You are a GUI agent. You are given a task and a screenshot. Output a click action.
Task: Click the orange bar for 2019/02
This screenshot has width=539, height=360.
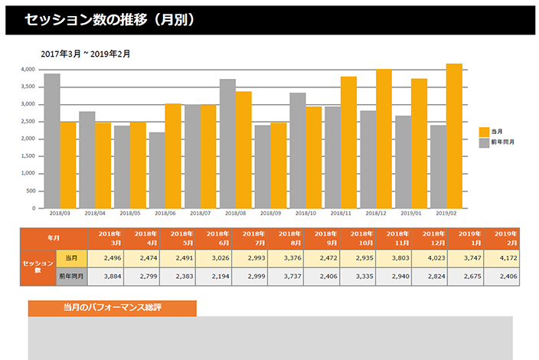pyautogui.click(x=454, y=136)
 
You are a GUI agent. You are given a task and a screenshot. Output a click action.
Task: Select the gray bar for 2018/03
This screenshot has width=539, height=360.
pyautogui.click(x=52, y=141)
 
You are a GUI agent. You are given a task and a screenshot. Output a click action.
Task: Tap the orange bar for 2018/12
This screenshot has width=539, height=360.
pyautogui.click(x=384, y=139)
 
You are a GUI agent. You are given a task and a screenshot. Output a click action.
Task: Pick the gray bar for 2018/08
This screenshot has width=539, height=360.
pyautogui.click(x=227, y=143)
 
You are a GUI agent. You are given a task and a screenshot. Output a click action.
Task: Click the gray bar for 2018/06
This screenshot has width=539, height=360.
pyautogui.click(x=157, y=170)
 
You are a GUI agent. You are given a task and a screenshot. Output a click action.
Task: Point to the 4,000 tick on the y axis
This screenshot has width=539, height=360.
pyautogui.click(x=28, y=69)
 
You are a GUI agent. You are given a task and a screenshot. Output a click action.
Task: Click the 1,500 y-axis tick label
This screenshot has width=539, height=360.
pyautogui.click(x=28, y=156)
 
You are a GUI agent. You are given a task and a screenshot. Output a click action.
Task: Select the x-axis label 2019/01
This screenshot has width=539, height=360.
pyautogui.click(x=411, y=214)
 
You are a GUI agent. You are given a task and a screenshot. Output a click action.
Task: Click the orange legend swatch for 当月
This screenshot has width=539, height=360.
pyautogui.click(x=484, y=132)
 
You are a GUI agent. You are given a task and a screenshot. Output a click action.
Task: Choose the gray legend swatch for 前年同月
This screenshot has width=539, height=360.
pyautogui.click(x=484, y=142)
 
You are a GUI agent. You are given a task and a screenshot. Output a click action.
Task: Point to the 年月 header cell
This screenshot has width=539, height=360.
pyautogui.click(x=54, y=238)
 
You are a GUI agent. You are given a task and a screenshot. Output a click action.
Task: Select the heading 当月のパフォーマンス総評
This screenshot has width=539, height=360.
pyautogui.click(x=112, y=308)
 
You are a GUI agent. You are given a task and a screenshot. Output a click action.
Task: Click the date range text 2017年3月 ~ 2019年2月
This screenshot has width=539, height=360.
pyautogui.click(x=85, y=54)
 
